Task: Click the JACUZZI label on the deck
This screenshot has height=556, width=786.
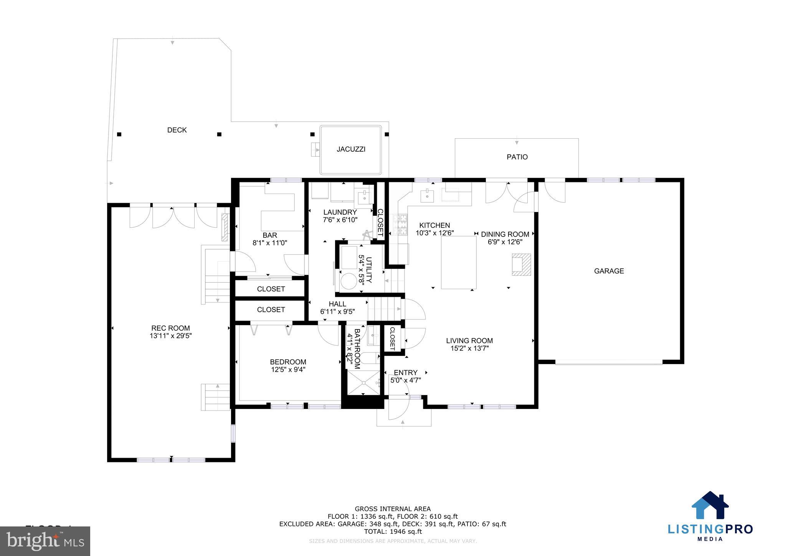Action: pyautogui.click(x=351, y=149)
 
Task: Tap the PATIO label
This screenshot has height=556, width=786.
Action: pyautogui.click(x=517, y=157)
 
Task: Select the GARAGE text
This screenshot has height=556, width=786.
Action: pyautogui.click(x=609, y=271)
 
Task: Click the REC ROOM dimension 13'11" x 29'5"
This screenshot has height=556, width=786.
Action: pyautogui.click(x=170, y=336)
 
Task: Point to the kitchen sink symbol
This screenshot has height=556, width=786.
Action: pyautogui.click(x=427, y=196)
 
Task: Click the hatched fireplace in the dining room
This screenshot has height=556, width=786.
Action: pyautogui.click(x=521, y=265)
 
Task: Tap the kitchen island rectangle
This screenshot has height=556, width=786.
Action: pyautogui.click(x=459, y=262)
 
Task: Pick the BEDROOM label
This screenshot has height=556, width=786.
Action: pyautogui.click(x=288, y=362)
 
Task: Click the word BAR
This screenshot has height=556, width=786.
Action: pyautogui.click(x=270, y=235)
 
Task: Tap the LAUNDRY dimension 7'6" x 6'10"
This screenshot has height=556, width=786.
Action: pyautogui.click(x=340, y=220)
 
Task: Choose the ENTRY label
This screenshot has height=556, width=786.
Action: pyautogui.click(x=405, y=372)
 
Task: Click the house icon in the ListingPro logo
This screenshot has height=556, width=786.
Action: pyautogui.click(x=710, y=505)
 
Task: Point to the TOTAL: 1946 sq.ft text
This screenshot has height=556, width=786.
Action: pyautogui.click(x=393, y=531)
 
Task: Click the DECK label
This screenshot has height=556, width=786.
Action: pyautogui.click(x=177, y=130)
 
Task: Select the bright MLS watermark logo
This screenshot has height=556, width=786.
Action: pyautogui.click(x=45, y=541)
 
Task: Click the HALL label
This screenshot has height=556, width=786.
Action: pyautogui.click(x=337, y=304)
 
